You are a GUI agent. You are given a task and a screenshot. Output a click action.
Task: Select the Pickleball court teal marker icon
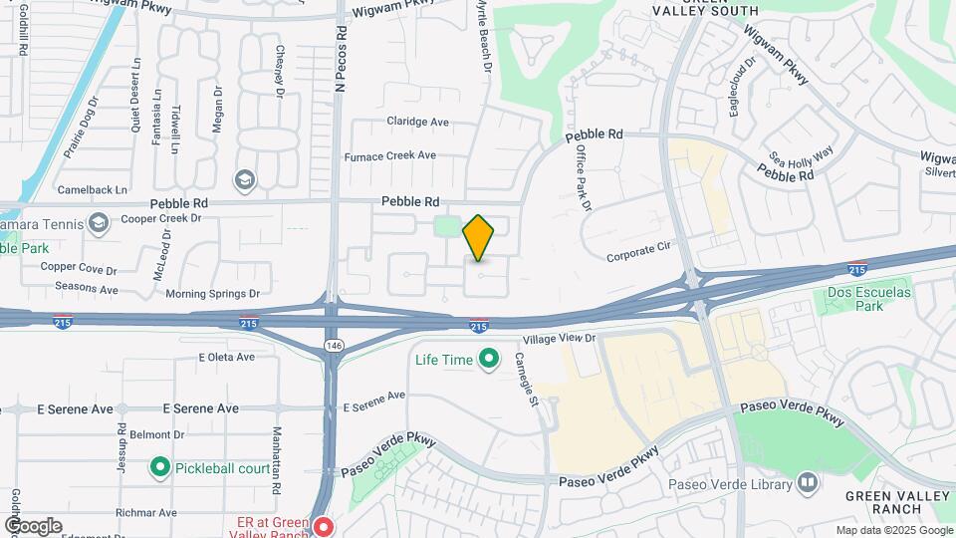pos(158,466)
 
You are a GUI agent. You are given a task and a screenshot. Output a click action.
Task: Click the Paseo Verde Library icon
pos(808,485)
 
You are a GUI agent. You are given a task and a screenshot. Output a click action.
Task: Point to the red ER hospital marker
pos(322,525)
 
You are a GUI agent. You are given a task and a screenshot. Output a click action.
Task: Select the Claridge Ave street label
pos(417,122)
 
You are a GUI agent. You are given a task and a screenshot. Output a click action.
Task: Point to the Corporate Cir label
pos(642,257)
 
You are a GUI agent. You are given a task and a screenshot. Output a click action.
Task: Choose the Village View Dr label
pos(559,339)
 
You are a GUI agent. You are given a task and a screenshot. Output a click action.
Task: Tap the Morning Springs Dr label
pos(212,294)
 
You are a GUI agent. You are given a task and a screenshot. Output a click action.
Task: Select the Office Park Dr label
pos(582,177)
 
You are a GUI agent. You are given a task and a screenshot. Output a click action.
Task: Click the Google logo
pos(33,525)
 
